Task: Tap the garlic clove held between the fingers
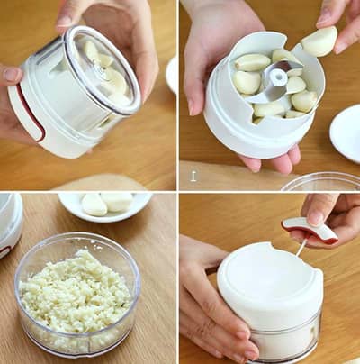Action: click(x=319, y=41)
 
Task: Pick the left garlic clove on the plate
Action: click(x=94, y=205)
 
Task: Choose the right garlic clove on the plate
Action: click(x=117, y=201)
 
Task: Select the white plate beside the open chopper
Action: click(x=346, y=132)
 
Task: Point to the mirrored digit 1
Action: click(x=193, y=175)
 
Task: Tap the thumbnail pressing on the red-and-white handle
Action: click(x=314, y=216)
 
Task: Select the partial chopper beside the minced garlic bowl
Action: click(x=9, y=224)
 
